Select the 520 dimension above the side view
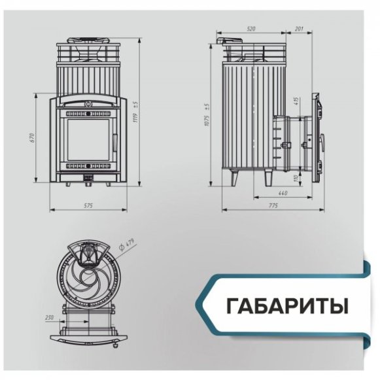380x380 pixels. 252,29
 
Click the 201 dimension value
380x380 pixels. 299,29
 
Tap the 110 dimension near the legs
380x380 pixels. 296,177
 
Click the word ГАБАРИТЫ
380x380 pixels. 287,305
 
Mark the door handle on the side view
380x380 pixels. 323,141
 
